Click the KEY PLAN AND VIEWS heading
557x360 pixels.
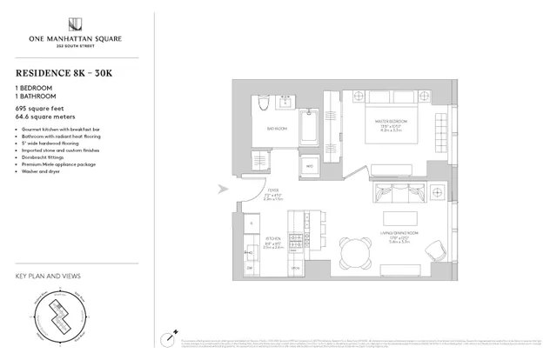49,277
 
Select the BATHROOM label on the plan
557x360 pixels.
277,130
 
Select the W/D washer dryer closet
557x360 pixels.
310,166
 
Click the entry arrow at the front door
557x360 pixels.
223,187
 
